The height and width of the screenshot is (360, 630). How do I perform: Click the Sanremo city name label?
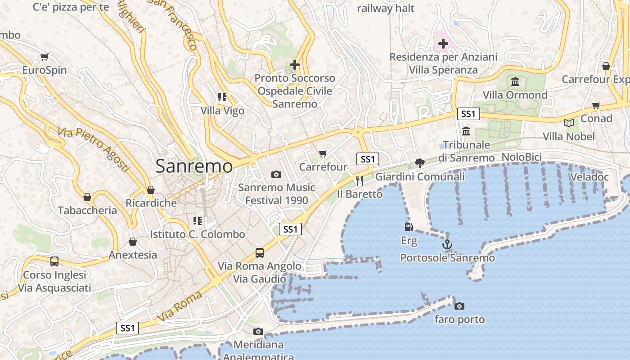[x=194, y=166]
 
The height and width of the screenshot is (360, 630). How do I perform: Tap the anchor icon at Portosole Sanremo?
[x=447, y=245]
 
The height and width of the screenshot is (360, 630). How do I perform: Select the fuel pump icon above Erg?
[x=409, y=227]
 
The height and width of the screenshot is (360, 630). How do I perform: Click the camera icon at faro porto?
[x=459, y=306]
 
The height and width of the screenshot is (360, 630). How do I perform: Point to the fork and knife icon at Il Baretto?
[x=359, y=181]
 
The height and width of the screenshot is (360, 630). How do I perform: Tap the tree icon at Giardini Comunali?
[x=420, y=163]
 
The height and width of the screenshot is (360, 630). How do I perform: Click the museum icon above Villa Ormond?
[x=515, y=82]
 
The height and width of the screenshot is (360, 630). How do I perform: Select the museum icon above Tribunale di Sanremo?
[x=466, y=131]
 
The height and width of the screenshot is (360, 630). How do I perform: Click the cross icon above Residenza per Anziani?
[x=443, y=44]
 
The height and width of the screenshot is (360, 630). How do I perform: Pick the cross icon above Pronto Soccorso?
[x=295, y=65]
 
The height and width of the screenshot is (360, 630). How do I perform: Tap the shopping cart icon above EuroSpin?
[x=44, y=57]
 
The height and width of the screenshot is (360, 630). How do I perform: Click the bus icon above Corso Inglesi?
[x=54, y=261]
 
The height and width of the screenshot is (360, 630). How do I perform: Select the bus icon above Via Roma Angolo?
[x=260, y=252]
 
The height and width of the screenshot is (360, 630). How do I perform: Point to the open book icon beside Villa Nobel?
[x=569, y=123]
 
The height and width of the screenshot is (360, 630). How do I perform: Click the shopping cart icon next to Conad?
[x=596, y=106]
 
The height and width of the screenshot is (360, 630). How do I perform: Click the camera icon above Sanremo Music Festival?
[x=276, y=174]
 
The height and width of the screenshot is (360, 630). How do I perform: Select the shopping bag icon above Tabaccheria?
[x=87, y=197]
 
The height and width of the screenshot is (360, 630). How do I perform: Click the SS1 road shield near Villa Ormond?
[x=468, y=114]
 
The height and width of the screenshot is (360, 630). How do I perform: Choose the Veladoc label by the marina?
[x=589, y=177]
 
